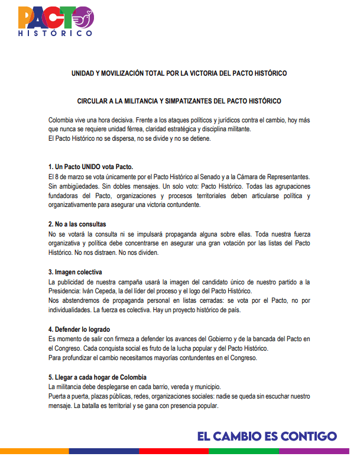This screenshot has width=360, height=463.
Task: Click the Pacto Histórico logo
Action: click(55, 22)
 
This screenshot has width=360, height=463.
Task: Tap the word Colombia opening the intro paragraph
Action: click(62, 121)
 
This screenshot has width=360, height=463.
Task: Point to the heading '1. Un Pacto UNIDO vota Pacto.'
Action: click(91, 166)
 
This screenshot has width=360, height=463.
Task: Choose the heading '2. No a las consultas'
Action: click(77, 224)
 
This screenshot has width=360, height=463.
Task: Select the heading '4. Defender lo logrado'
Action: click(79, 329)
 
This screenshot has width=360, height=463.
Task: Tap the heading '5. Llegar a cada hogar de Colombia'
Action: click(98, 377)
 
